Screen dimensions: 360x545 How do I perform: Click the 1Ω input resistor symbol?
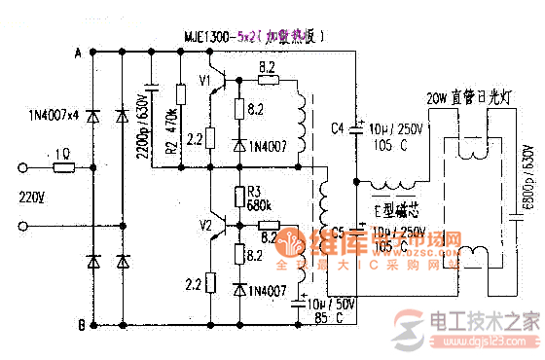coord(62,166)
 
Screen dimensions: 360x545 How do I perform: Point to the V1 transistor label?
coord(205,81)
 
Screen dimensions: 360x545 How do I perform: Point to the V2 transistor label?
coord(204,226)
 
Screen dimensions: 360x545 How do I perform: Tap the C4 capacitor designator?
coord(338,128)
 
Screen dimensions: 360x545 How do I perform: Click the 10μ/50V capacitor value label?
coord(330,305)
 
